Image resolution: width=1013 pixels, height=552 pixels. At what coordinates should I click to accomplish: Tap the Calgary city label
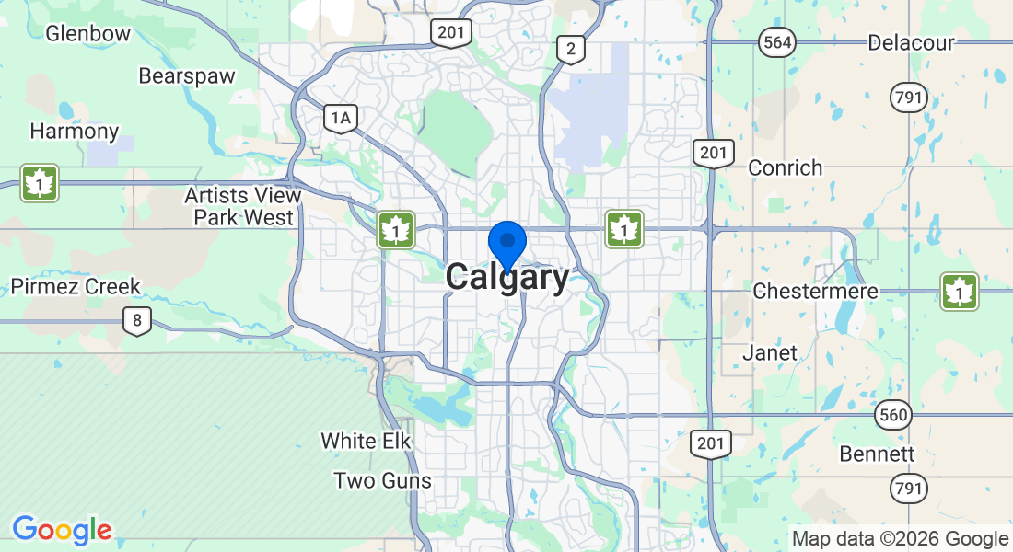507,278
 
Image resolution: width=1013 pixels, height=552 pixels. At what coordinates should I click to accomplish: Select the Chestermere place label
815,292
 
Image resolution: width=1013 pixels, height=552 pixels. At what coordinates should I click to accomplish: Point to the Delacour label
911,42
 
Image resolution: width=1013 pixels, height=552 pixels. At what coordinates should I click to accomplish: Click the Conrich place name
786,167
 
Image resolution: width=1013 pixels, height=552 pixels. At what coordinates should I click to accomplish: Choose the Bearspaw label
187,75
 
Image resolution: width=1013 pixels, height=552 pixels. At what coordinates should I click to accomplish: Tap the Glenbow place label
87,33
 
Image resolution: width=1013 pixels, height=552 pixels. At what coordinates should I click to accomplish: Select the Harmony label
75,131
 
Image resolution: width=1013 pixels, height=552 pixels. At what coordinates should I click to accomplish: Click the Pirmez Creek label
76,286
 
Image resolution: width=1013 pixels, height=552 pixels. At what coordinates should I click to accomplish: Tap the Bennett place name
877,454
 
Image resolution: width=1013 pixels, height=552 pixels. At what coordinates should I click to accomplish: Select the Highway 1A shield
341,117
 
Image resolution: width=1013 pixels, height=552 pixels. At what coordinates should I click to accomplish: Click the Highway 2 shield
571,49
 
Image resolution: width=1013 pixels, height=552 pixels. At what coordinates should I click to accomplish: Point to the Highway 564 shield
776,41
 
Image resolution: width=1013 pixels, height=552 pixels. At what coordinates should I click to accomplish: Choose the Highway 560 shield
892,415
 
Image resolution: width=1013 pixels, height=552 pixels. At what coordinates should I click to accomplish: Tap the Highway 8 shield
137,321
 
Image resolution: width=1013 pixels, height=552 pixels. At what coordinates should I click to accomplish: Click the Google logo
62,530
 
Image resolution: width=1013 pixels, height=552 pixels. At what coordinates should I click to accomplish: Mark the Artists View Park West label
242,207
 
